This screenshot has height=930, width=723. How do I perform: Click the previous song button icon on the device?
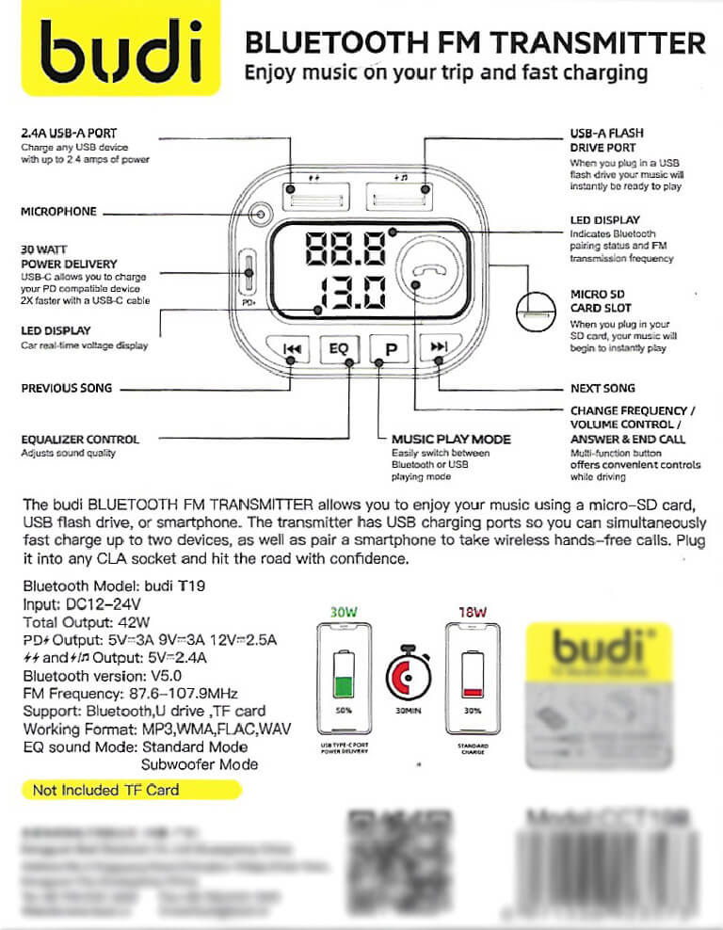[x=292, y=349]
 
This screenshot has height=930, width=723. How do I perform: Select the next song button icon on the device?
[x=439, y=349]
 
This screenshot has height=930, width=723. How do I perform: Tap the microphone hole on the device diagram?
[x=257, y=215]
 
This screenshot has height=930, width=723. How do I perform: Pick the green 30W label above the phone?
[x=345, y=611]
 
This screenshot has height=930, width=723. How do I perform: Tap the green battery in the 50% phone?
[x=345, y=683]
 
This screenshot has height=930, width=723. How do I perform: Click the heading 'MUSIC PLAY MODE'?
[x=451, y=439]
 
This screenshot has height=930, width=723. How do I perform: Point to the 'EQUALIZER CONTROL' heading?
[x=80, y=439]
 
